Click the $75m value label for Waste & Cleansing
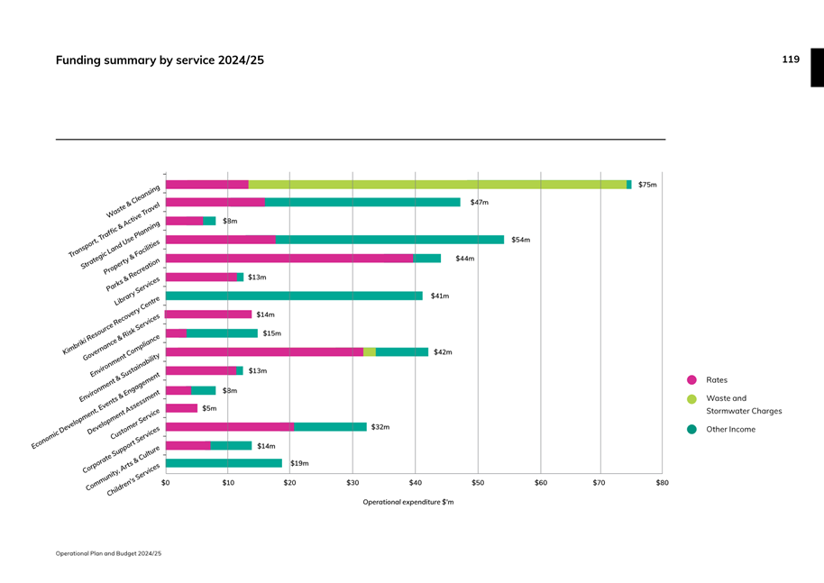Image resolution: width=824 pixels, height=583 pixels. [x=647, y=185]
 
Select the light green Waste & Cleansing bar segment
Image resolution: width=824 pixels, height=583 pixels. [x=437, y=185]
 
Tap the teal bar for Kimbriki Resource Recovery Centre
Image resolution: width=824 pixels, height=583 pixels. [x=294, y=296]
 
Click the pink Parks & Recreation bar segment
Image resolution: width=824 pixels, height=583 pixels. [x=289, y=259]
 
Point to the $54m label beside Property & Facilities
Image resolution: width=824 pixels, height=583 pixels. [x=520, y=240]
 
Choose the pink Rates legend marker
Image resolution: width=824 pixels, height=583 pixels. [x=691, y=380]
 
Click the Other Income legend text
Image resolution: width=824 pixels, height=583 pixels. [x=730, y=430]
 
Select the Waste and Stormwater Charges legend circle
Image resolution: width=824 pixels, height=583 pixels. [x=691, y=399]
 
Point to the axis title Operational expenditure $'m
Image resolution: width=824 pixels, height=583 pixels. [x=407, y=502]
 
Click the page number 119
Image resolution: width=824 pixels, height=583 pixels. [x=791, y=59]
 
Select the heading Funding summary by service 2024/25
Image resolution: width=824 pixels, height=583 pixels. [x=160, y=60]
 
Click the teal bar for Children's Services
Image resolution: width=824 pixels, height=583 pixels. [x=224, y=463]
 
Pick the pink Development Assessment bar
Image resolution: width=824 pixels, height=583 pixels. [x=181, y=408]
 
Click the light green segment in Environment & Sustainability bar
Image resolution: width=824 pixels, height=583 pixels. [x=370, y=352]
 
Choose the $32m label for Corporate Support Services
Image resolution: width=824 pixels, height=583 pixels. [x=380, y=427]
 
